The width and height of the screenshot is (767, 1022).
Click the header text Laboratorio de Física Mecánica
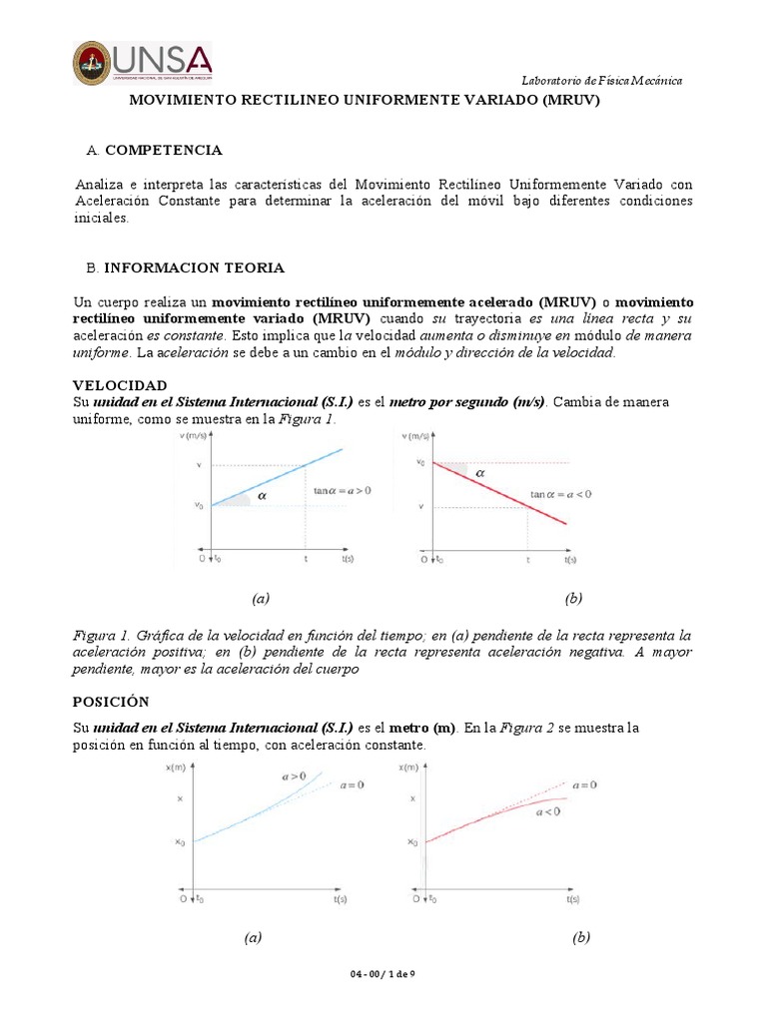603,80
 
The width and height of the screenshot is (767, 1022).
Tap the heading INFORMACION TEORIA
195,267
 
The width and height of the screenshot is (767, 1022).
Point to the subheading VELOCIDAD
121,384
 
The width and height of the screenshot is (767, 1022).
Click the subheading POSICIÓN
112,701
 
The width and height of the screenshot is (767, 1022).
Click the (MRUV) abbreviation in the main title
571,102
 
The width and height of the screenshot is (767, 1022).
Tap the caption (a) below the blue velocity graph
261,598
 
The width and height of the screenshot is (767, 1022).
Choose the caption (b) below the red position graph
581,937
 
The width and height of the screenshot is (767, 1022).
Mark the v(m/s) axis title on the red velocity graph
418,436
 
